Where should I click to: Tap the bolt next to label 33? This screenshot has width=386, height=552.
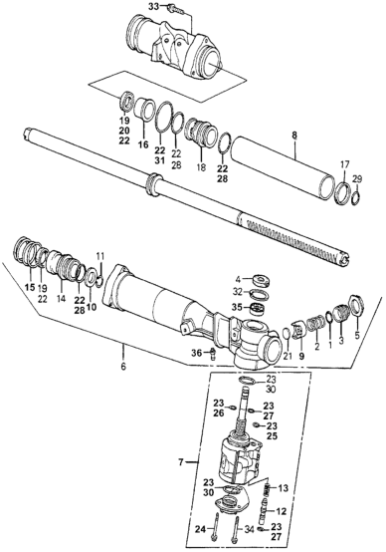tap(176, 8)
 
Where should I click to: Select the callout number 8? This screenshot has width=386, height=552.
tap(294, 135)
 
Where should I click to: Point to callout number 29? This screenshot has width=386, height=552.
tap(357, 178)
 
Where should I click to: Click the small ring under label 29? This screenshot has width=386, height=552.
tap(356, 199)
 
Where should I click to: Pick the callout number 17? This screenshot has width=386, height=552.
tap(344, 163)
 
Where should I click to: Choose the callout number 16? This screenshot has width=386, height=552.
tap(143, 143)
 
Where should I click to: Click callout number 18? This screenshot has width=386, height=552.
tap(201, 167)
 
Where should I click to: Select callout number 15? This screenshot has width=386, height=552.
tap(30, 287)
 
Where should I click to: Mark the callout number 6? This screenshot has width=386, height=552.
tap(122, 366)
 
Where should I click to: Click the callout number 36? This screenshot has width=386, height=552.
tap(197, 352)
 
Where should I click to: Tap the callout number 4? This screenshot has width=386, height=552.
tap(238, 280)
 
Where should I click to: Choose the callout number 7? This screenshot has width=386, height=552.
tap(181, 462)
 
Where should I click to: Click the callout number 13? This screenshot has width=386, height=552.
tap(283, 488)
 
